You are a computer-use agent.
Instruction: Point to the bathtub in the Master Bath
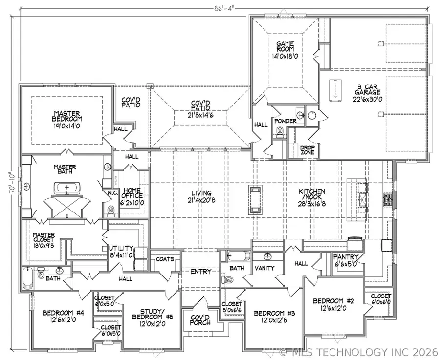tap(66, 188)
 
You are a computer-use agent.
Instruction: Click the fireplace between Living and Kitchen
tap(255, 199)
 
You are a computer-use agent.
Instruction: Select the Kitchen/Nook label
tap(313, 195)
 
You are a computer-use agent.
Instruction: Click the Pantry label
tap(346, 257)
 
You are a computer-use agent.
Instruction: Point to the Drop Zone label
tap(307, 150)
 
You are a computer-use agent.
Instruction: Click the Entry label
tap(201, 272)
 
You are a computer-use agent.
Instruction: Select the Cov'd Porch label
tap(200, 320)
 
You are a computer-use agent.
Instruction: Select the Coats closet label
tap(165, 259)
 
